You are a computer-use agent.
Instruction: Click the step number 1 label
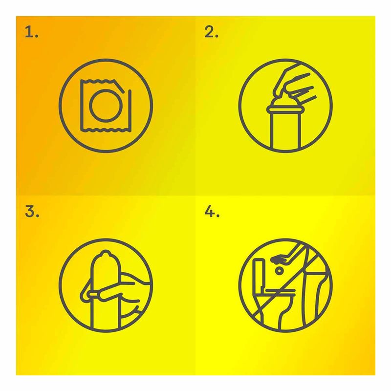click(x=31, y=32)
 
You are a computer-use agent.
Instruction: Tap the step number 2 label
click(x=211, y=32)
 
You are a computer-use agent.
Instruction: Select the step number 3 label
click(x=32, y=212)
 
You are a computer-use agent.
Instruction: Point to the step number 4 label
click(x=212, y=212)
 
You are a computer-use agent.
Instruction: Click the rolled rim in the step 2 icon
click(x=285, y=109)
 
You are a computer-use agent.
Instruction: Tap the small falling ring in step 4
click(x=279, y=271)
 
